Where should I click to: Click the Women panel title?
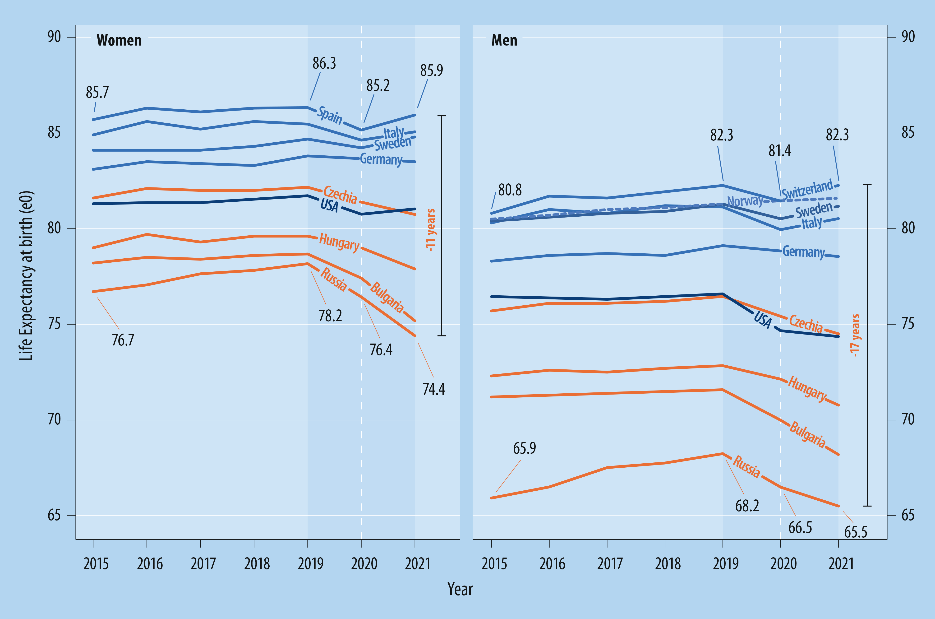pos(119,40)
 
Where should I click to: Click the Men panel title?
pos(504,40)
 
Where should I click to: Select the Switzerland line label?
pos(807,190)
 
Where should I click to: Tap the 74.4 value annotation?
pos(433,390)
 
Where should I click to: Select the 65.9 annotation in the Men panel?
pos(524,448)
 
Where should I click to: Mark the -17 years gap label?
pos(855,335)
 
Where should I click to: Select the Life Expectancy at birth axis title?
pos(26,275)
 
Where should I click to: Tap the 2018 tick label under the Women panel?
pos(257,564)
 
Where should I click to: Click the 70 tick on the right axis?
pos(908,419)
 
